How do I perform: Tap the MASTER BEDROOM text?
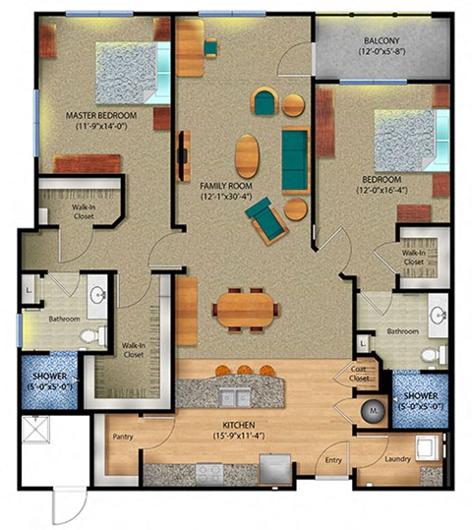pos(100,115)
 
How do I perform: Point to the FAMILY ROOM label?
pos(225,185)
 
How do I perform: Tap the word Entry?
pos(334,457)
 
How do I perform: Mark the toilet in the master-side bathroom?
pos(91,337)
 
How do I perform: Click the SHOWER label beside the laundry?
pos(421,397)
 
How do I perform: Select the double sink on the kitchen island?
pos(233,397)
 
